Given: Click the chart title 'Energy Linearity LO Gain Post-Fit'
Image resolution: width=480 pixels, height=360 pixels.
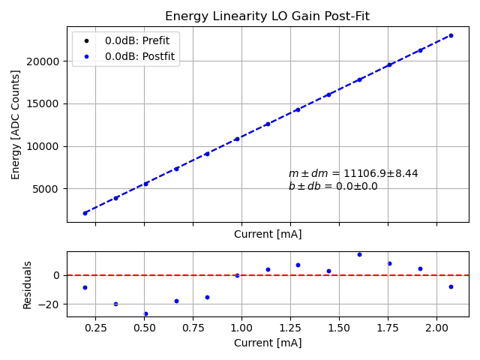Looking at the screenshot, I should (267, 16).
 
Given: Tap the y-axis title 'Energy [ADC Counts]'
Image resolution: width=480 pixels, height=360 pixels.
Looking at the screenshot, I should (16, 124).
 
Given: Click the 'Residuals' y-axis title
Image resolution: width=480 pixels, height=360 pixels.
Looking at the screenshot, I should (28, 284).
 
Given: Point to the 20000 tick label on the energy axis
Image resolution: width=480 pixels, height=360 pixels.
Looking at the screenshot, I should (45, 61).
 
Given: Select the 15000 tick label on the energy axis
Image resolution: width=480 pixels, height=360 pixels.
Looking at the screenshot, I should (45, 103).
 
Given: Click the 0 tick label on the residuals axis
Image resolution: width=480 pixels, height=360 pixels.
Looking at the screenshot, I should (57, 275).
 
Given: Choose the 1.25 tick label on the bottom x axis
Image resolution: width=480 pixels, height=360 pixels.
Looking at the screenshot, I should (290, 328).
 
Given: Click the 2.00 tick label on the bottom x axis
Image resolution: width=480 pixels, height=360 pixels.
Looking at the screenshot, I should (436, 328).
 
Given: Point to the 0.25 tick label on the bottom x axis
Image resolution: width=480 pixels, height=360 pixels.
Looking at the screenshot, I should (95, 328).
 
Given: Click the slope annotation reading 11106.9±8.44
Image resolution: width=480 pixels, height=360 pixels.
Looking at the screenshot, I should (353, 174).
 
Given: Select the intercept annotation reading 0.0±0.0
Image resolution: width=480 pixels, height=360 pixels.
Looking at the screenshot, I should (333, 187).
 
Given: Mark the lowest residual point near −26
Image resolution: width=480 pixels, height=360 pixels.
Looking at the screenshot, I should (145, 313).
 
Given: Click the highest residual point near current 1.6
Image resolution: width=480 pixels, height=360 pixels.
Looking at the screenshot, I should (359, 254).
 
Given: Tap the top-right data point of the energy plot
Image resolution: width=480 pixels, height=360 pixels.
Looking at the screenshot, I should (451, 35).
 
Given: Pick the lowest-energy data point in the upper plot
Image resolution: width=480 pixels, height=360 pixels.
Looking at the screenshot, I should (85, 213).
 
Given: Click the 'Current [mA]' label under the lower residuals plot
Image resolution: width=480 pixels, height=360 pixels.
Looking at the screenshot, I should (268, 343).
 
